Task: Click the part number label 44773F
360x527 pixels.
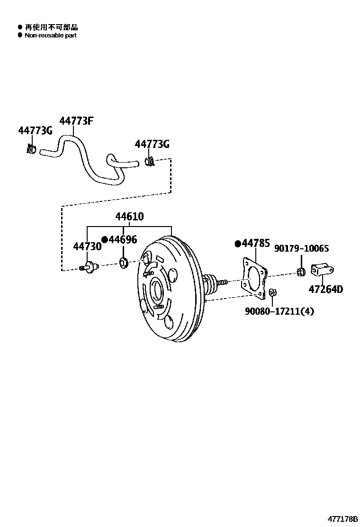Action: pyautogui.click(x=76, y=121)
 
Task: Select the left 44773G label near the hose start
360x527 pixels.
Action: pyautogui.click(x=35, y=131)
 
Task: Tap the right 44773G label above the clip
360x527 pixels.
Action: pyautogui.click(x=152, y=144)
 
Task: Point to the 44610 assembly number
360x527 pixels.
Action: pyautogui.click(x=129, y=217)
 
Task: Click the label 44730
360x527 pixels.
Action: pyautogui.click(x=87, y=246)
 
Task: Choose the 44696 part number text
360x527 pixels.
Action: pyautogui.click(x=123, y=240)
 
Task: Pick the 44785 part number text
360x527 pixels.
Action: pyautogui.click(x=256, y=244)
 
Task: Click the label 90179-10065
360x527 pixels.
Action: pyautogui.click(x=301, y=249)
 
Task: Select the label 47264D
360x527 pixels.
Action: pyautogui.click(x=326, y=289)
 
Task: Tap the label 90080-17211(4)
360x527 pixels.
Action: pyautogui.click(x=279, y=311)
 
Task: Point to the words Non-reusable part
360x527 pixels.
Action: pyautogui.click(x=50, y=36)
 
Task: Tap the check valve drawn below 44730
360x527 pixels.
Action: pyautogui.click(x=90, y=267)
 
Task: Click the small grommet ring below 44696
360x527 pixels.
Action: pyautogui.click(x=123, y=263)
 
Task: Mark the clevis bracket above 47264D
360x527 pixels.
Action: pyautogui.click(x=321, y=271)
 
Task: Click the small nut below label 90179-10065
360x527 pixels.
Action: pyautogui.click(x=300, y=272)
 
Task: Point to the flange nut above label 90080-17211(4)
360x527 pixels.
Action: pyautogui.click(x=272, y=292)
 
